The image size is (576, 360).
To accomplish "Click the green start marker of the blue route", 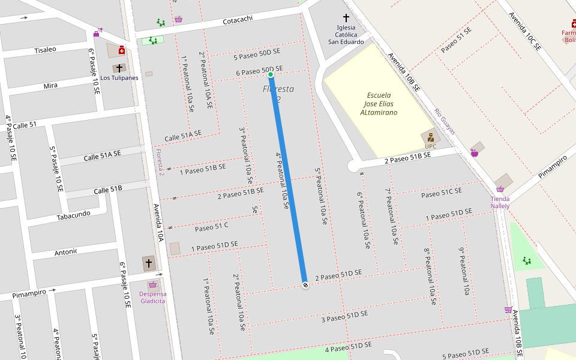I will coord(271,74).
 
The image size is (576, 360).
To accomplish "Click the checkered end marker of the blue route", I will coord(305,285).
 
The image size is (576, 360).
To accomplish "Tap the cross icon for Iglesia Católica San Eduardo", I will coord(346,19).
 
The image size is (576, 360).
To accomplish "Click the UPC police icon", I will coord(431,137).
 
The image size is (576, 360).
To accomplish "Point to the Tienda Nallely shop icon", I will coord(500,189).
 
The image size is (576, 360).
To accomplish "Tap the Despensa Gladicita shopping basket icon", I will coord(152,284).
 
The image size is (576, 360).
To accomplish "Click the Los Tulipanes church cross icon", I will coord(119,68).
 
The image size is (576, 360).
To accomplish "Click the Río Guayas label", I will coord(445,121).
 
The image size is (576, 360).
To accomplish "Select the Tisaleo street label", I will coord(45,50).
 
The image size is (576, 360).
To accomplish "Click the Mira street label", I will coord(50,86).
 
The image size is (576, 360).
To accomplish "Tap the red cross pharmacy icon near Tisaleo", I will coord(122,50).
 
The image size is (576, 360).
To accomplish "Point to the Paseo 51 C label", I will coord(212,227).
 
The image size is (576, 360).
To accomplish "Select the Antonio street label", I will coord(66,253).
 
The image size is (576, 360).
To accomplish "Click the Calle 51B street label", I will coord(108,190).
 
